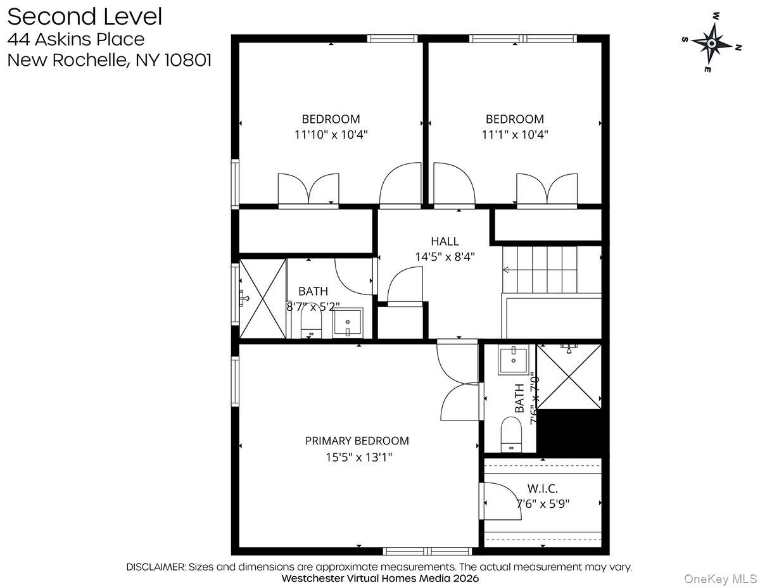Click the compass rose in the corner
tap(711, 43)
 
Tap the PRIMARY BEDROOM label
tap(357, 441)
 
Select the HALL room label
tap(445, 241)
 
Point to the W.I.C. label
tap(542, 488)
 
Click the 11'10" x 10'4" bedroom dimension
tap(331, 135)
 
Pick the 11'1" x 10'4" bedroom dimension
tap(514, 135)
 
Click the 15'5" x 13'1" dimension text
tap(359, 457)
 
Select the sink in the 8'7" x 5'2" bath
tap(347, 323)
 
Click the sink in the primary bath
tap(514, 360)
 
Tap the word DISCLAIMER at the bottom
tap(155, 567)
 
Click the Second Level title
tap(85, 16)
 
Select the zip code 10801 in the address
tap(187, 60)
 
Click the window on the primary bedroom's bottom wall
tap(427, 552)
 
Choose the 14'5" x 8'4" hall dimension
tap(445, 257)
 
